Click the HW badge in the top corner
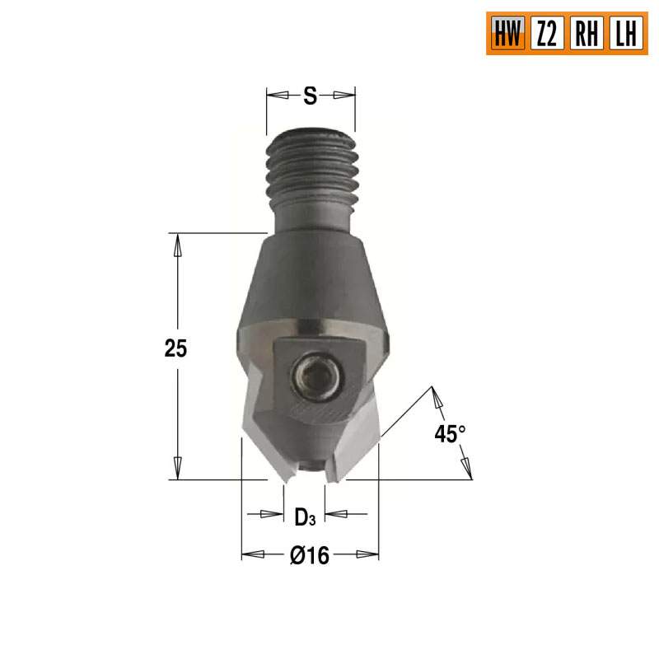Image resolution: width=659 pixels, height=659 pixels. click(506, 33)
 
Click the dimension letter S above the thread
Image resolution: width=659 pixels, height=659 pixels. click(310, 96)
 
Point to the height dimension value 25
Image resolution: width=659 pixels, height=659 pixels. click(175, 348)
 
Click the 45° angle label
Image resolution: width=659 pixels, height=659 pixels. click(450, 434)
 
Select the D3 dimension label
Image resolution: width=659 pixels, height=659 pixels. click(304, 516)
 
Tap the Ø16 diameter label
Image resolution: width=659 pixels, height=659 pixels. click(310, 556)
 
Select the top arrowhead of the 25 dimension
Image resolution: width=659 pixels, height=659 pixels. click(175, 241)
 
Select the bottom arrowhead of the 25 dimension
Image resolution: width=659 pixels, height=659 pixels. click(175, 471)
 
